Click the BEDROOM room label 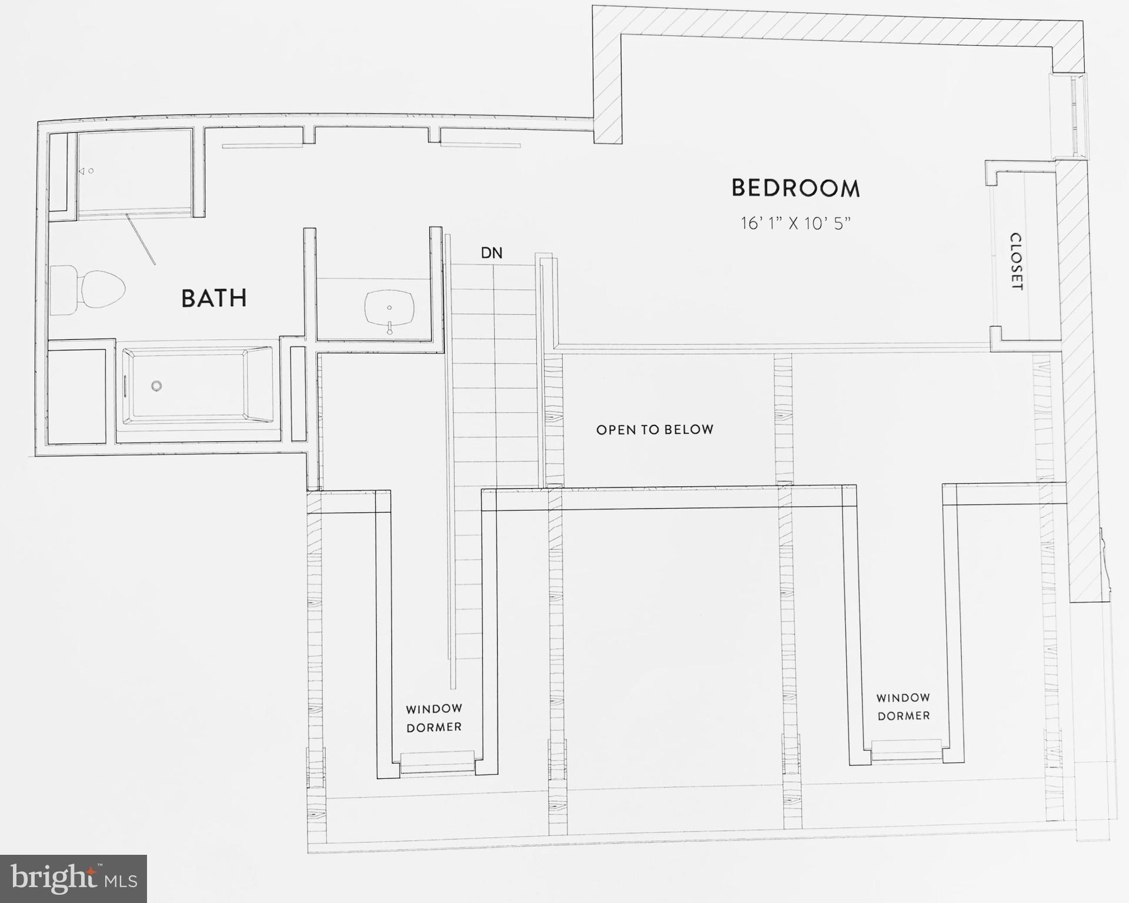click(796, 188)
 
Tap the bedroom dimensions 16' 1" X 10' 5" click(796, 223)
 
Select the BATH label click(214, 298)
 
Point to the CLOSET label click(1016, 262)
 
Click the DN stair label click(492, 253)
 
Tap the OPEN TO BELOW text click(654, 430)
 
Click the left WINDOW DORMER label click(434, 718)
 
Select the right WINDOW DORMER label click(903, 707)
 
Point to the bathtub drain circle click(156, 386)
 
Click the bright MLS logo click(73, 878)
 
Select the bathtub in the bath click(196, 386)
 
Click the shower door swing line click(141, 240)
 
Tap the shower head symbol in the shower click(82, 171)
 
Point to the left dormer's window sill click(436, 762)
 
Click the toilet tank click(63, 290)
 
